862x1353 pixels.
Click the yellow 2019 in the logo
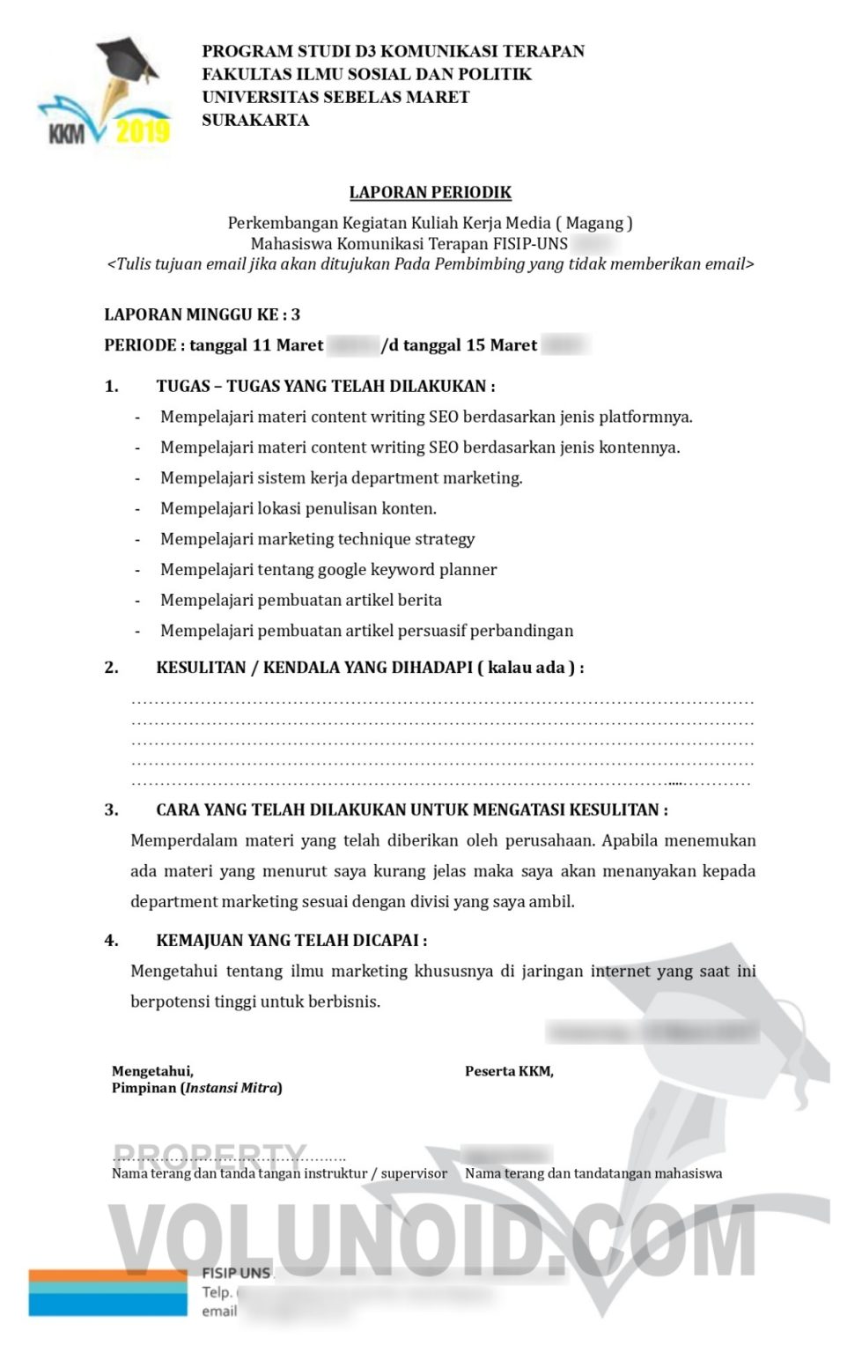pyautogui.click(x=143, y=131)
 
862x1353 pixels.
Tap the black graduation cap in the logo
pyautogui.click(x=127, y=60)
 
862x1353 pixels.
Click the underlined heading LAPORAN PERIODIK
pyautogui.click(x=430, y=192)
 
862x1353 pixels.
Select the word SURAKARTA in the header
pyautogui.click(x=255, y=120)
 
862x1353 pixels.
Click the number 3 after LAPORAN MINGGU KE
pyautogui.click(x=296, y=314)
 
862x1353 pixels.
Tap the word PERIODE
pyautogui.click(x=140, y=345)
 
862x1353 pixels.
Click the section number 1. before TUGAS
pyautogui.click(x=111, y=386)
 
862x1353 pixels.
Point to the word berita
pyautogui.click(x=419, y=600)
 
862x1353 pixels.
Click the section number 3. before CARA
pyautogui.click(x=111, y=810)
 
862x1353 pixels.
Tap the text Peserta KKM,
pyautogui.click(x=509, y=1071)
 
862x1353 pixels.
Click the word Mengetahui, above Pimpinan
pyautogui.click(x=152, y=1071)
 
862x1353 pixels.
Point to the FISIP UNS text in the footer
pyautogui.click(x=236, y=1273)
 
